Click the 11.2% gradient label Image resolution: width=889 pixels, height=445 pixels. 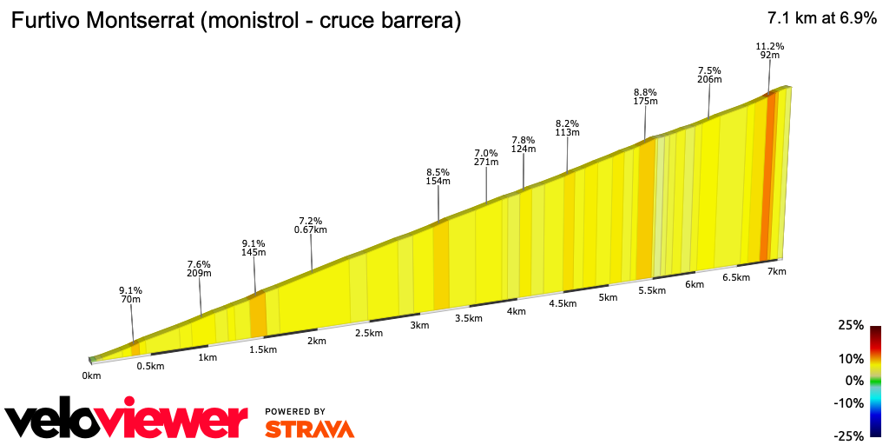click(770, 46)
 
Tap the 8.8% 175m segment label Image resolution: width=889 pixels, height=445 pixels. click(645, 96)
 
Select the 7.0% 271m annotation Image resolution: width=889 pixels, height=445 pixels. click(486, 157)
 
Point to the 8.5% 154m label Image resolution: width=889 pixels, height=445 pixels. click(438, 176)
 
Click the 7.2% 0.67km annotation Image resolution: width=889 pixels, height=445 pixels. click(311, 225)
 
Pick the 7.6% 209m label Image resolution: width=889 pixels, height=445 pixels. click(199, 269)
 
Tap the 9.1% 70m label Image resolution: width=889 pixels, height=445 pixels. click(130, 295)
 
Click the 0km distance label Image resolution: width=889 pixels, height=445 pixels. click(92, 375)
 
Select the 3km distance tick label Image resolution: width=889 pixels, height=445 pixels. click(419, 325)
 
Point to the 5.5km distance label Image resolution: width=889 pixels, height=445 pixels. click(651, 290)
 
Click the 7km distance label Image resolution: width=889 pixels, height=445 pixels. click(776, 271)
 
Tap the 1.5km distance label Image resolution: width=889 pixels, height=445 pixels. click(262, 349)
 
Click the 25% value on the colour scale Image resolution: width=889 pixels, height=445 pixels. click(852, 326)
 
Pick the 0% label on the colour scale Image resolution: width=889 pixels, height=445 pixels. click(855, 381)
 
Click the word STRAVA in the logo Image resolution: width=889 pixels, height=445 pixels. click(309, 428)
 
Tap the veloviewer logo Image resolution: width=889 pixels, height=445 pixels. click(126, 421)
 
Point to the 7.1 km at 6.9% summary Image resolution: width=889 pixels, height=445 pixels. click(821, 19)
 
